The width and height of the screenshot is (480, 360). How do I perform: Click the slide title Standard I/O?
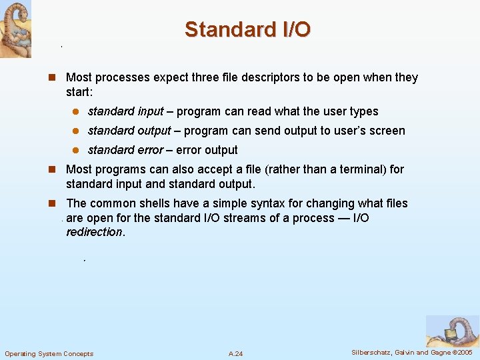point(247,30)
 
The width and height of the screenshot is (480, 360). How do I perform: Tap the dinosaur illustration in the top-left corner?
point(15,29)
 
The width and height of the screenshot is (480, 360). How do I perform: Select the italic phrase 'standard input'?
point(125,111)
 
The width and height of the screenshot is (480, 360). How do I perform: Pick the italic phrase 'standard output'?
point(129,131)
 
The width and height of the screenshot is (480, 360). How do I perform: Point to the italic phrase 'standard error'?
point(125,150)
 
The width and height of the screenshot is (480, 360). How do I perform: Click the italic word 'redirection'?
point(94,232)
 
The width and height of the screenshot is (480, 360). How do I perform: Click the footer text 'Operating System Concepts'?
point(49,353)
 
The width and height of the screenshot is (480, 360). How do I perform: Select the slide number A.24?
point(235,353)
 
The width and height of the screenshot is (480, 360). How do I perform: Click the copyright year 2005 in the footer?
point(463,353)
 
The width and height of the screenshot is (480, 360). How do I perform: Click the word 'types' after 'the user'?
point(363,111)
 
